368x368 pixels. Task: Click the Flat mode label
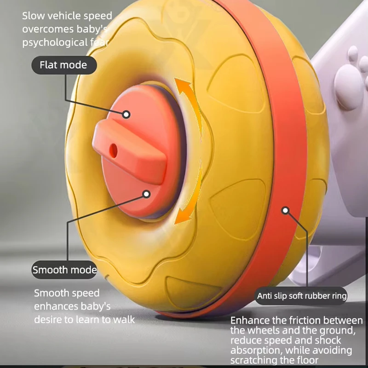click(64, 65)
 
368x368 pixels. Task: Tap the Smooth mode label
click(64, 270)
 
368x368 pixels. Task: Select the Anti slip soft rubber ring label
click(302, 296)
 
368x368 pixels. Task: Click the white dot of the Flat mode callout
click(126, 115)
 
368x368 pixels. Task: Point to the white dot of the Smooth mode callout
click(146, 194)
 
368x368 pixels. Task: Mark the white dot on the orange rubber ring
click(285, 211)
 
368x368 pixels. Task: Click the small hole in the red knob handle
click(113, 151)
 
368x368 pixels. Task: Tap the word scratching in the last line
click(254, 360)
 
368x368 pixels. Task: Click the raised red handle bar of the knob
click(129, 151)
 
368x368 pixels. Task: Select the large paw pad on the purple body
click(348, 86)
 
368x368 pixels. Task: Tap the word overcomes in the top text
click(48, 29)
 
